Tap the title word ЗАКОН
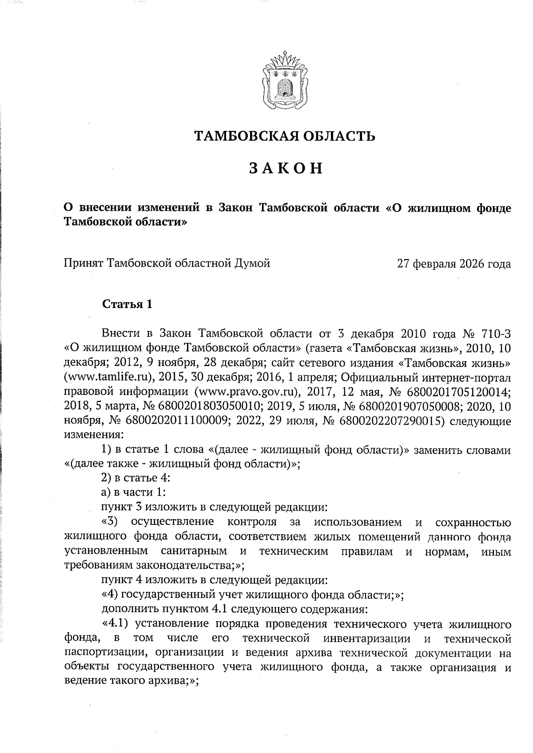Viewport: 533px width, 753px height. (286, 169)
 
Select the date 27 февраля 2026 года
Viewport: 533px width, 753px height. (454, 264)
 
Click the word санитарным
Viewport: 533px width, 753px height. (193, 552)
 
